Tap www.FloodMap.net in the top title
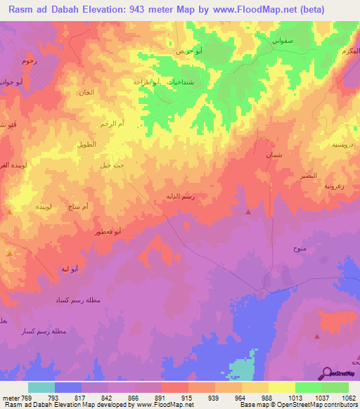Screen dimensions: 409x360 (x=272, y=11)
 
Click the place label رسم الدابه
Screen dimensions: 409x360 (x=179, y=197)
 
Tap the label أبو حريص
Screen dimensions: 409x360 (x=190, y=52)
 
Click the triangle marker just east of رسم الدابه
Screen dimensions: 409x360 (x=247, y=212)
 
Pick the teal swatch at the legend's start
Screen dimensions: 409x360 (x=41, y=387)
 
